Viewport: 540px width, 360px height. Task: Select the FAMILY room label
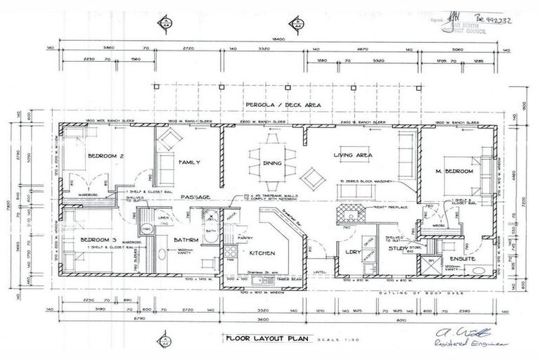(190, 162)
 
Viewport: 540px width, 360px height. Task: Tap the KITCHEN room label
(262, 253)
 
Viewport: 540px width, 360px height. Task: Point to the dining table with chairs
(271, 156)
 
